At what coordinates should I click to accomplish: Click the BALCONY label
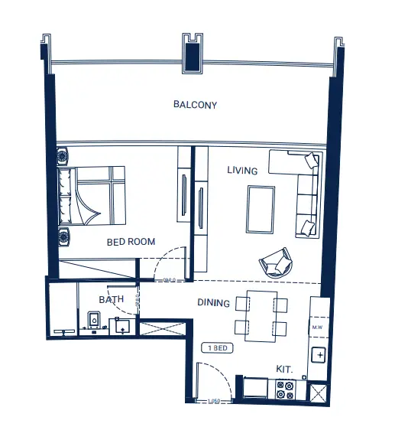point(195,105)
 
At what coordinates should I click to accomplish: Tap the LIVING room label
point(242,171)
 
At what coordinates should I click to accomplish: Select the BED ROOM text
point(131,242)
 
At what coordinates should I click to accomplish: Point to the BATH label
point(111,299)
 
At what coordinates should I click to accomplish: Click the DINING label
point(213,303)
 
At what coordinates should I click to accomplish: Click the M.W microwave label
point(319,328)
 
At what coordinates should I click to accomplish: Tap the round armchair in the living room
point(276,262)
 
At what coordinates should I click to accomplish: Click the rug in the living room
point(260,210)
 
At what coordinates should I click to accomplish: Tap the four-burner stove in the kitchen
point(285,390)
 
